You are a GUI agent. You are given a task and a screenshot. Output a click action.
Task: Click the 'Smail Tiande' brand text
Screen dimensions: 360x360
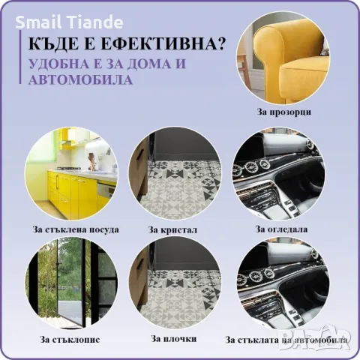(x=58, y=21)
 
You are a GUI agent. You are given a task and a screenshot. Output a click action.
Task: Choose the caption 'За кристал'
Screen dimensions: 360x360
(x=173, y=229)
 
